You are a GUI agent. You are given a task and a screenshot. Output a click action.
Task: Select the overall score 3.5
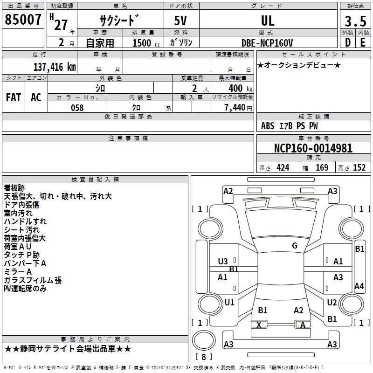(x=355, y=21)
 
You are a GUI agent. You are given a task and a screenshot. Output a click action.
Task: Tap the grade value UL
(x=268, y=21)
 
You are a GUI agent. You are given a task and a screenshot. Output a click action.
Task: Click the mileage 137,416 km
(x=55, y=67)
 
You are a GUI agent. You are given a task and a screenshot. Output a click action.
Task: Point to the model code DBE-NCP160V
(x=267, y=43)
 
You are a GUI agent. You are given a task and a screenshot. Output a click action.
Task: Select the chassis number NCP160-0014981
(x=313, y=149)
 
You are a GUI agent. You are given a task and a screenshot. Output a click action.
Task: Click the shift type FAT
(x=14, y=97)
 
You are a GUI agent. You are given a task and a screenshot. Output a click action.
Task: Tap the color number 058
(x=77, y=108)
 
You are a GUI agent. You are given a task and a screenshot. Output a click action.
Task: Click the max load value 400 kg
(x=238, y=88)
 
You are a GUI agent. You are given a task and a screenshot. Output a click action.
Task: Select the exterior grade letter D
(x=348, y=43)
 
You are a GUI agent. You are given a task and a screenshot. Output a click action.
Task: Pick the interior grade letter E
(x=363, y=43)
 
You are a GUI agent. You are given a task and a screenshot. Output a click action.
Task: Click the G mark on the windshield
(x=295, y=246)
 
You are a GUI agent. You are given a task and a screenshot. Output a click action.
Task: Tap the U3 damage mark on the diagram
(x=223, y=262)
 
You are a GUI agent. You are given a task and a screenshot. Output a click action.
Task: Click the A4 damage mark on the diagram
(x=359, y=286)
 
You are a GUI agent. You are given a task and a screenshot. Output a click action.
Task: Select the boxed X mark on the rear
(x=259, y=325)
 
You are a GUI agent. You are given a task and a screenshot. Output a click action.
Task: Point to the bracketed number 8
(x=203, y=357)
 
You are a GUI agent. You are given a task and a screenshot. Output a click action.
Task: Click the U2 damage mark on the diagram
(x=332, y=303)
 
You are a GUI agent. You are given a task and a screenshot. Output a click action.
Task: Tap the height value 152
(x=359, y=168)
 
